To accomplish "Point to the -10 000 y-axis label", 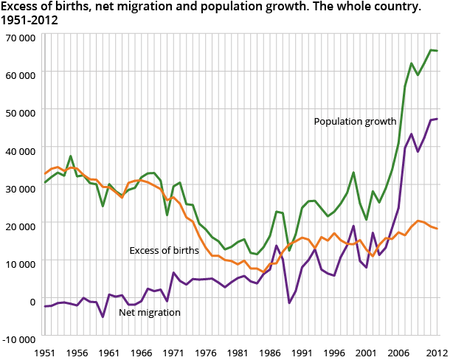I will [x=18, y=339].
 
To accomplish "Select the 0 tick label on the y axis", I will [x=31, y=301].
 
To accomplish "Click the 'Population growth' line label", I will [x=355, y=122].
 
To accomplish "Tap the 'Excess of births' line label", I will [x=164, y=251].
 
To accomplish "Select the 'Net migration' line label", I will [x=150, y=312].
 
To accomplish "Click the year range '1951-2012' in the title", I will [x=30, y=20].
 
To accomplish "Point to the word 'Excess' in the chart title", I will [x=20, y=7].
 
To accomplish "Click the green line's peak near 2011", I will [x=431, y=50].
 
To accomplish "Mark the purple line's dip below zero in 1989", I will [x=289, y=303].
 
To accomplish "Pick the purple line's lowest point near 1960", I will [x=103, y=316].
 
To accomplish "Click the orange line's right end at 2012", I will [x=437, y=229].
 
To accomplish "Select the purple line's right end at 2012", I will [x=437, y=119].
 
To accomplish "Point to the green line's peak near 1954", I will [x=70, y=156].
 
